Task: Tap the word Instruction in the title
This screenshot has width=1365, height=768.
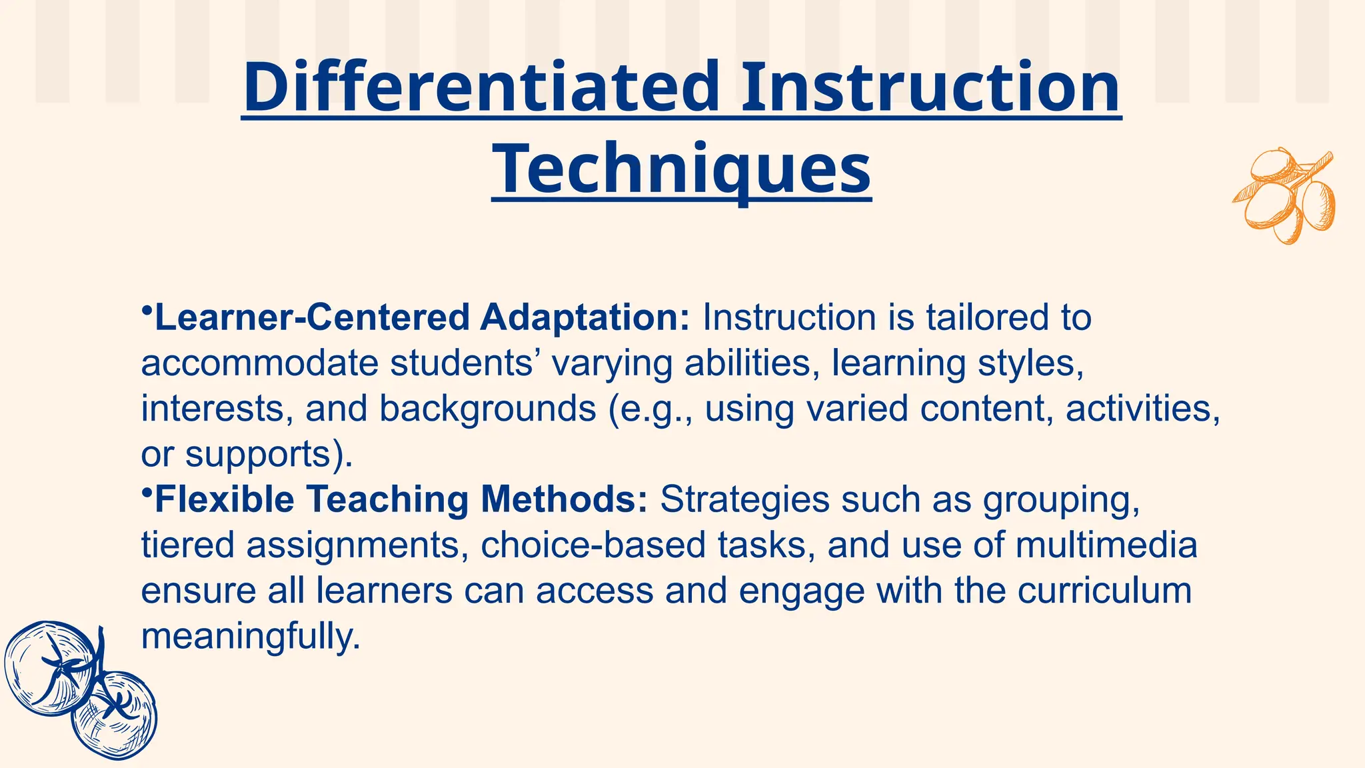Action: tap(930, 89)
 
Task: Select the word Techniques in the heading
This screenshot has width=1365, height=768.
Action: tap(681, 169)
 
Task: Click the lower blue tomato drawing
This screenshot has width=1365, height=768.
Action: tap(115, 716)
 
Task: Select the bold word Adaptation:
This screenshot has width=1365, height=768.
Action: tap(585, 318)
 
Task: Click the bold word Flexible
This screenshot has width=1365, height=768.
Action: tap(225, 500)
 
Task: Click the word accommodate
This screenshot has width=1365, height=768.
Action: tap(259, 364)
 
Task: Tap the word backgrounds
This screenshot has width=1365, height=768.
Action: tap(488, 409)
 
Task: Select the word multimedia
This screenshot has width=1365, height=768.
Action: tap(1106, 545)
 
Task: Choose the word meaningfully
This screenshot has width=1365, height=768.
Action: tap(251, 637)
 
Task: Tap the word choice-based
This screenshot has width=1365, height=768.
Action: tap(593, 545)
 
